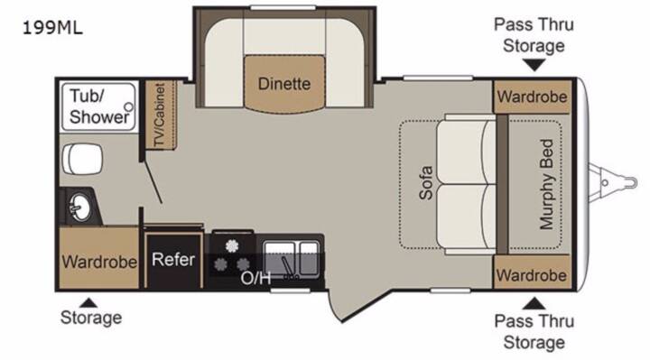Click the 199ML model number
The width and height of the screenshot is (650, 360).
52,28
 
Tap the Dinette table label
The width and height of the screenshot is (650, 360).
284,84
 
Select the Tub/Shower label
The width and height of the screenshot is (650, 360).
99,106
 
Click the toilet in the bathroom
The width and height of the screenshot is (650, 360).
81,159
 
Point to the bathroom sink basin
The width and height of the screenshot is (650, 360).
80,207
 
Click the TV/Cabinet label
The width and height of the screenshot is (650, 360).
159,115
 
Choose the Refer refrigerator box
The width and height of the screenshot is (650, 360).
173,260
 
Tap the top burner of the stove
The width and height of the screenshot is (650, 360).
232,246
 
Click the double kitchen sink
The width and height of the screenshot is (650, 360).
292,259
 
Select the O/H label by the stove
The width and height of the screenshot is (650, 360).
255,278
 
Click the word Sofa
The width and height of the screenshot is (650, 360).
426,182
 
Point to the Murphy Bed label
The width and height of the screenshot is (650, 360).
546,184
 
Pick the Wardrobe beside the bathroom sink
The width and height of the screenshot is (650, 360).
99,262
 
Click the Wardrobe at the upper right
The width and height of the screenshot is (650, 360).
533,97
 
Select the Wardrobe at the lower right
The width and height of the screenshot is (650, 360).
532,274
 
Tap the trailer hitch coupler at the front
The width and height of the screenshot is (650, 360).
613,182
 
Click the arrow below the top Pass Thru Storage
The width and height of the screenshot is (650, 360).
534,65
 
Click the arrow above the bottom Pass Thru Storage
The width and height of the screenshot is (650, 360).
534,303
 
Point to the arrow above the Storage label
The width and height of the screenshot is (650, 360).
88,303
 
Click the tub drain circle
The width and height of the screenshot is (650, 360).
129,107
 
